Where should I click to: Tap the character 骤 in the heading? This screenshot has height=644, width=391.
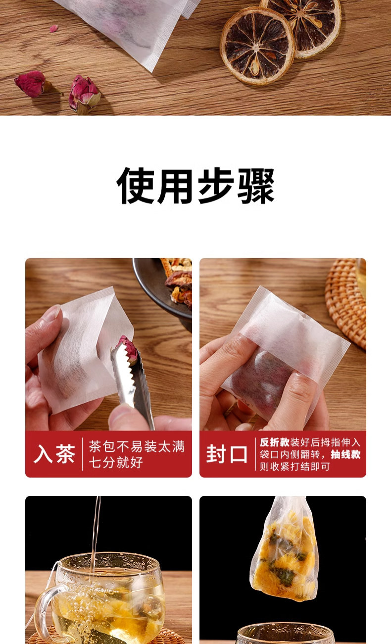click(256, 185)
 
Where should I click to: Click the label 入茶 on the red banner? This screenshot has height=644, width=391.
click(54, 454)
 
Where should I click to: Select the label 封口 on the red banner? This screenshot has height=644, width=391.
click(227, 454)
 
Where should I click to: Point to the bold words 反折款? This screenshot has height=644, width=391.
click(274, 442)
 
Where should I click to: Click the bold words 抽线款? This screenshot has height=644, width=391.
click(345, 454)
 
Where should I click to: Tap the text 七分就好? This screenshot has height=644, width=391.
click(116, 463)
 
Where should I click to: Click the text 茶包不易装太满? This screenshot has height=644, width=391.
click(137, 446)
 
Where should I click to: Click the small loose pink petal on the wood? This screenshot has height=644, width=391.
click(54, 28)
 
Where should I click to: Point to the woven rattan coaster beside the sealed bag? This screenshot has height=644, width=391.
click(345, 302)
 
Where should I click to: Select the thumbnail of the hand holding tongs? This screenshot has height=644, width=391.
click(108, 344)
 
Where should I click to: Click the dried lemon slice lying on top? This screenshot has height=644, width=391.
click(257, 46)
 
